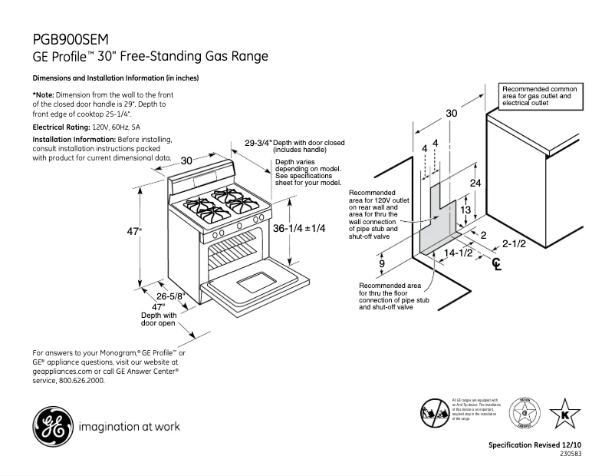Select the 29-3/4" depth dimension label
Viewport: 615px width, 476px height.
click(x=258, y=143)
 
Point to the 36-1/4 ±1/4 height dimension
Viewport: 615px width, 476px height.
click(x=299, y=228)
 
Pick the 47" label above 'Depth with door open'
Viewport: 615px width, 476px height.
click(x=159, y=306)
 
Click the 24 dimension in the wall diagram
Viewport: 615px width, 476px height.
click(x=475, y=183)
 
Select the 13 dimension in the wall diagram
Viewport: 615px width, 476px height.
click(x=464, y=210)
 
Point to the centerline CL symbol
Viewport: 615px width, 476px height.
click(x=497, y=265)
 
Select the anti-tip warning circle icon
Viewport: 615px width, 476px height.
click(x=433, y=413)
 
